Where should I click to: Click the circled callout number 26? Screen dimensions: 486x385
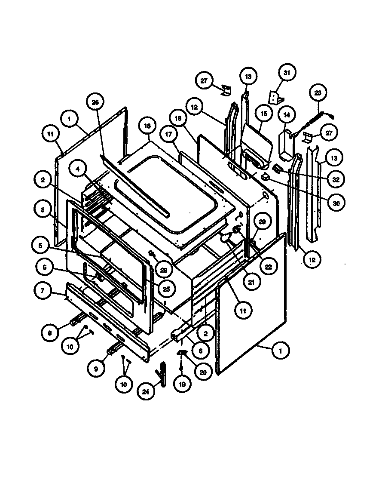(95, 102)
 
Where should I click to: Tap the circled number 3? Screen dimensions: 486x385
(42, 211)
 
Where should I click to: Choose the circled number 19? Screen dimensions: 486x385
(182, 384)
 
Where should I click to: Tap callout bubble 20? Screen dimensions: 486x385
(203, 371)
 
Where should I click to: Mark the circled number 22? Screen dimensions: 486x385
(268, 267)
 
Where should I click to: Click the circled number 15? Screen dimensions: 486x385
(264, 114)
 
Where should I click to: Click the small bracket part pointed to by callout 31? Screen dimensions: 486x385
(274, 98)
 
